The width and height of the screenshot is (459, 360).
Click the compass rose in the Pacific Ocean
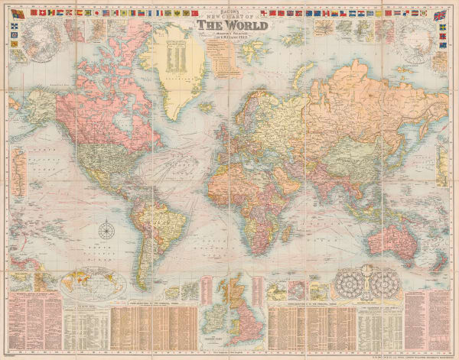click(106, 228)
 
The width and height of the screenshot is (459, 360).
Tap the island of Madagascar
click(282, 230)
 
